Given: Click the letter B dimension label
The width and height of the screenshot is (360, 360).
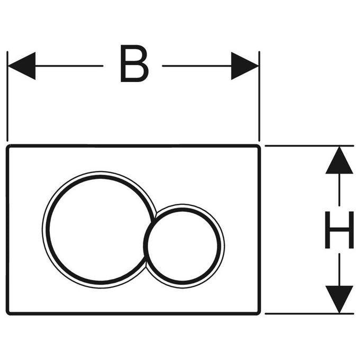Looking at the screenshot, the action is [x=134, y=64].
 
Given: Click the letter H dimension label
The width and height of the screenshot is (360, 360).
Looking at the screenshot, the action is [x=339, y=230].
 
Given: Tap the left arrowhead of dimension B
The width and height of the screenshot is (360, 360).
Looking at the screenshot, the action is [x=22, y=66].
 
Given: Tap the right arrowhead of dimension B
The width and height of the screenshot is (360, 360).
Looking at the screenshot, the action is [x=245, y=66].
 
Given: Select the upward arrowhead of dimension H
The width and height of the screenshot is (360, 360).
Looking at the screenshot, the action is [x=339, y=160].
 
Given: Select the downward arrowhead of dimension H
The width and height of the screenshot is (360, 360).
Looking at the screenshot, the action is [x=339, y=300].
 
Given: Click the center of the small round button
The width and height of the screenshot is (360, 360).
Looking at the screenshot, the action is [x=182, y=246].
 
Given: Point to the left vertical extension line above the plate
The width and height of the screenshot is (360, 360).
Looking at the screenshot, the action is [x=7, y=96].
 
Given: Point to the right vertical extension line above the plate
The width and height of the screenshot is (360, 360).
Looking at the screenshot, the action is [x=259, y=96].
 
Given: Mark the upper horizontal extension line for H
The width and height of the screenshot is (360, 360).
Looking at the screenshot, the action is [x=310, y=146].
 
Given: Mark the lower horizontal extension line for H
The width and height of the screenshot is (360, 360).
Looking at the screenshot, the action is [x=310, y=313].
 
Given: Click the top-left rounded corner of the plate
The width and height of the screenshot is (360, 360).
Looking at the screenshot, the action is [x=7, y=146].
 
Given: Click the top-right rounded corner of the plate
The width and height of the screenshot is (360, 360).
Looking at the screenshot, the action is [x=259, y=146].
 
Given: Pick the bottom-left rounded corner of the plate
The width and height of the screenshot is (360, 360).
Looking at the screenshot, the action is [x=7, y=313].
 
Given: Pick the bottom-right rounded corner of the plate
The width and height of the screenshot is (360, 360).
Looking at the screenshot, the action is [x=259, y=313].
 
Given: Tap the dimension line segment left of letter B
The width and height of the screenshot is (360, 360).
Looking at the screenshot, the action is [x=69, y=66].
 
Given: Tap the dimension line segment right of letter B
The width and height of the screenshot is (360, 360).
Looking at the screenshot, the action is [x=197, y=66].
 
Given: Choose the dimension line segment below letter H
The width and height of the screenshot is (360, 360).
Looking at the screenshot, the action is [x=339, y=270].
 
